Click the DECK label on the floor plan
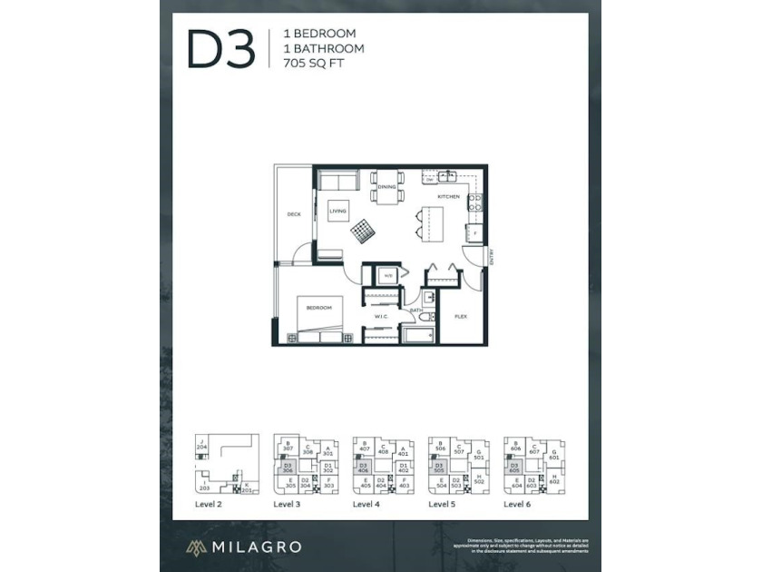coord(294,214)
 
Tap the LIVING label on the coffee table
coord(337,211)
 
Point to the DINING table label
coord(387,187)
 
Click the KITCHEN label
coord(448,196)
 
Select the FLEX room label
coord(461,318)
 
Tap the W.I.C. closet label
coord(382,316)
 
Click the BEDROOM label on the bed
coord(318,308)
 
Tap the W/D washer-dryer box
coord(387,275)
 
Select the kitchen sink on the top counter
coord(447,176)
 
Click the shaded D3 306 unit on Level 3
coord(287,469)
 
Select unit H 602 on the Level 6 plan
coord(553,479)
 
